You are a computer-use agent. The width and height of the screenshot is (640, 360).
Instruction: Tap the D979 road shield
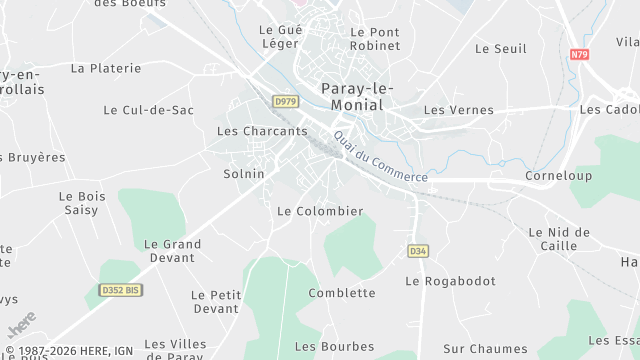point(284,101)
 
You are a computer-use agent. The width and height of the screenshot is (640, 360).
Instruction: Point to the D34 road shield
point(418,251)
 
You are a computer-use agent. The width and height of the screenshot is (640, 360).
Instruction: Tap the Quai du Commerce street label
point(380,157)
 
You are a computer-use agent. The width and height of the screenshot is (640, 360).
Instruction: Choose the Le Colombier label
point(319,211)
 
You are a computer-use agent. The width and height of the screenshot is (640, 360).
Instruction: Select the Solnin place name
point(244,174)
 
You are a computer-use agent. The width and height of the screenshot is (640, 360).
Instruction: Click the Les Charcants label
point(262,131)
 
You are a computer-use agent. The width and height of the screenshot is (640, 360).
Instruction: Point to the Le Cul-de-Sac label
point(148,110)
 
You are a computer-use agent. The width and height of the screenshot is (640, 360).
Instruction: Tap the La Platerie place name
point(106,68)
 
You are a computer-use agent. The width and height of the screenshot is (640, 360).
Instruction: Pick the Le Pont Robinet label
point(375,39)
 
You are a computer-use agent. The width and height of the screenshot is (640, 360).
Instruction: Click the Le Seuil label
point(500,48)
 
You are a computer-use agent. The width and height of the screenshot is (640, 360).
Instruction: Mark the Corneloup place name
point(558,176)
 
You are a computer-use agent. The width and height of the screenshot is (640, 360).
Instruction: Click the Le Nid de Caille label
point(558,239)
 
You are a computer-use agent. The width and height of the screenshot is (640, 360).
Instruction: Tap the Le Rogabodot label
point(450,281)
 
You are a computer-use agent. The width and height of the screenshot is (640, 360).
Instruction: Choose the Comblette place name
point(342,293)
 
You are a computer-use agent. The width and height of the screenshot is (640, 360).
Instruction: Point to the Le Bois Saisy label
point(82,203)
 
